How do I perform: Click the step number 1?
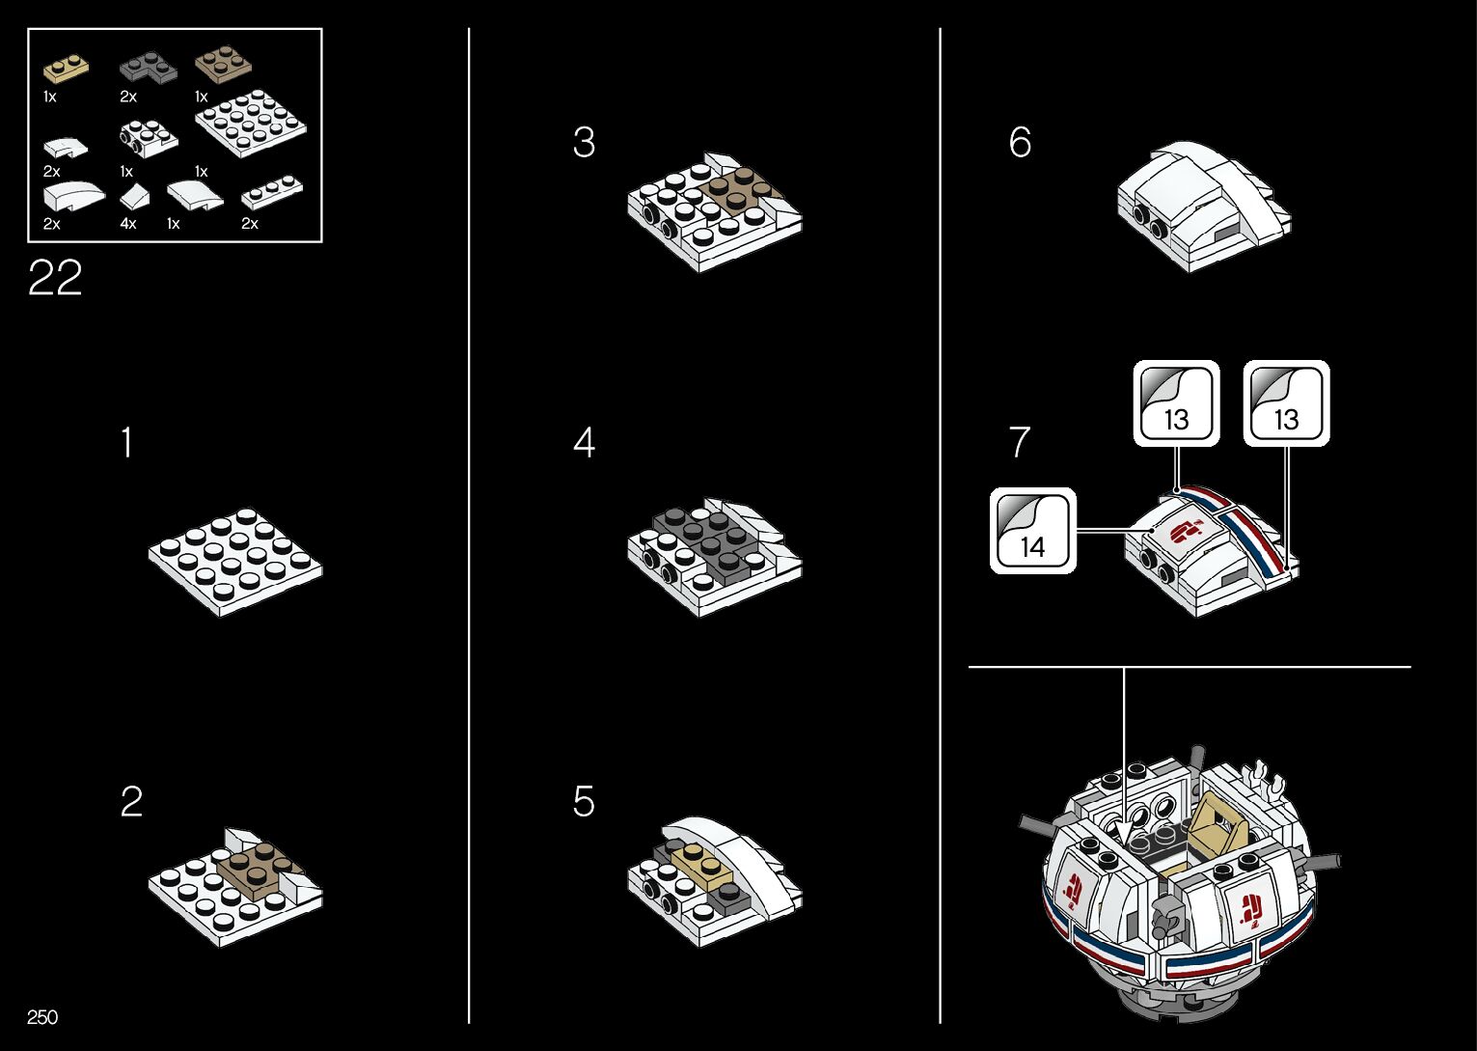126,443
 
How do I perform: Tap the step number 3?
584,142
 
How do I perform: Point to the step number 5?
584,801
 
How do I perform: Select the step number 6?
1020,142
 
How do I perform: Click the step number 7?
1020,443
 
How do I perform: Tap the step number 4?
584,443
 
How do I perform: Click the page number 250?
42,1017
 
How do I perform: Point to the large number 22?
55,279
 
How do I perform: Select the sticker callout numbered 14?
1032,531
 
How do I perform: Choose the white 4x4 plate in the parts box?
251,124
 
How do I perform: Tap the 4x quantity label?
128,224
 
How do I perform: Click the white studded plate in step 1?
234,561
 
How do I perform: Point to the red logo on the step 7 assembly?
1186,530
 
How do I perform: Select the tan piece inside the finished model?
1217,824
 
